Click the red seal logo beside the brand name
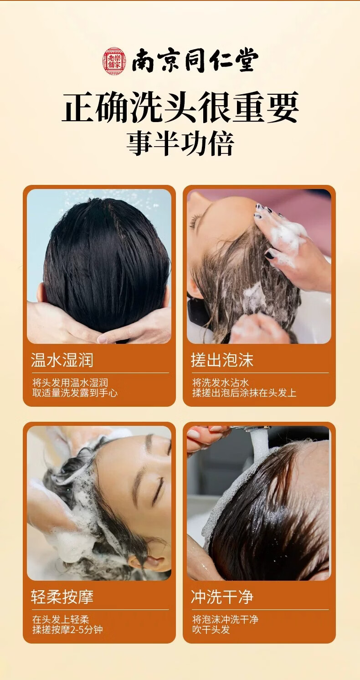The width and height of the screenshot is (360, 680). (113, 61)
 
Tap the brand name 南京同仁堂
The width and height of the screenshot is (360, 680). (195, 61)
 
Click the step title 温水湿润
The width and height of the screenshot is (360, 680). (62, 360)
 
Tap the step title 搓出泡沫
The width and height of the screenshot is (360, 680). (222, 360)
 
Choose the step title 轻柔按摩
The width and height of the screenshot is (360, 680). (62, 597)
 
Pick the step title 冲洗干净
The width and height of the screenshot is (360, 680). (222, 597)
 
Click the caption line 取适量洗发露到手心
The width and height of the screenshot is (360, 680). (75, 393)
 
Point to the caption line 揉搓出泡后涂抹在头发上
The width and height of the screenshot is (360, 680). (244, 393)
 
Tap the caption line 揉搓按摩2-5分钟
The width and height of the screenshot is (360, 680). (67, 629)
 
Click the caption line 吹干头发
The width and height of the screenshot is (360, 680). (211, 629)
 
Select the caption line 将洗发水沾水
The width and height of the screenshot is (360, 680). (220, 383)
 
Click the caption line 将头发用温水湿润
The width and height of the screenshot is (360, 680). (70, 383)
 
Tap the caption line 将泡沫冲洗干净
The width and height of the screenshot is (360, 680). (225, 619)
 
